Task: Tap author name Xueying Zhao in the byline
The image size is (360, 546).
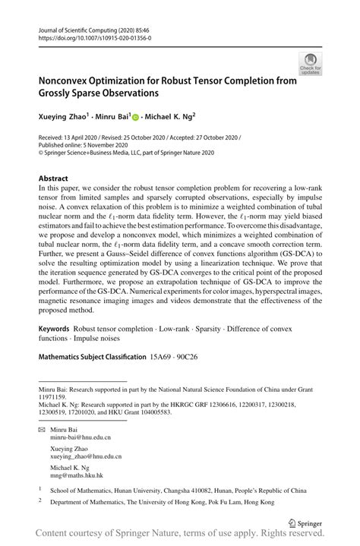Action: pos(64,118)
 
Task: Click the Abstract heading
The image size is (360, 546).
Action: pos(57,178)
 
